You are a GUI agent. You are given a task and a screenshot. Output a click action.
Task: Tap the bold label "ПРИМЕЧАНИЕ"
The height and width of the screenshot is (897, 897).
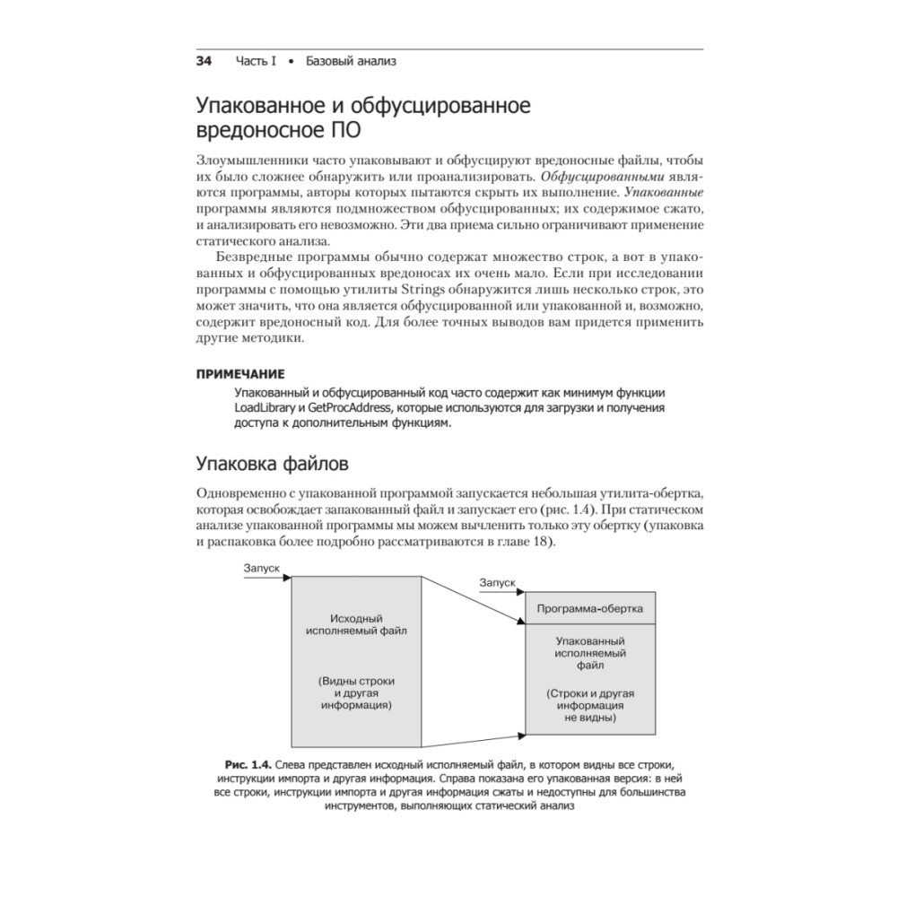click(240, 373)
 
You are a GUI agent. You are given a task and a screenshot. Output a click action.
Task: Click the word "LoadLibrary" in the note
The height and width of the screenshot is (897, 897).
click(266, 409)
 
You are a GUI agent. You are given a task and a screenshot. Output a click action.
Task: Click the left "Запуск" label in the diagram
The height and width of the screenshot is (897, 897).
click(262, 569)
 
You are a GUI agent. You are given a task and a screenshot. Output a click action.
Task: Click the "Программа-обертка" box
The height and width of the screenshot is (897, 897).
click(589, 607)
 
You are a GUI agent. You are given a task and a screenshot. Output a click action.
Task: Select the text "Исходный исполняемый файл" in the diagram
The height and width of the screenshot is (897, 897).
click(357, 624)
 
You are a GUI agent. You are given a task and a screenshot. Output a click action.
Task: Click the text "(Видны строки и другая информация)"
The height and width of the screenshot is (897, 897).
click(357, 692)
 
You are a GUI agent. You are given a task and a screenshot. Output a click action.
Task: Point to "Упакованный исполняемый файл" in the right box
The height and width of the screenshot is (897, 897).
click(589, 654)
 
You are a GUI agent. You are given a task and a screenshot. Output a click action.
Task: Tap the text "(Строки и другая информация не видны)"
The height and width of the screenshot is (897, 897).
click(589, 705)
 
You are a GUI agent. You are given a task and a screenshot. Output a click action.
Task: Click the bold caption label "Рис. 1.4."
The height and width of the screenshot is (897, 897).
click(247, 763)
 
